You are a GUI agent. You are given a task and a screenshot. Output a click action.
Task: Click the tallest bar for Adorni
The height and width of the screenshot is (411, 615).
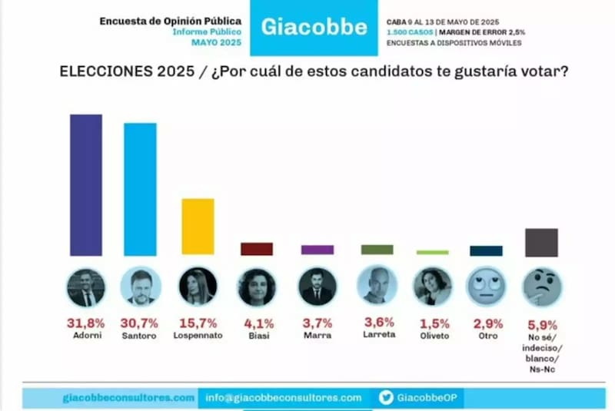[x=86, y=184]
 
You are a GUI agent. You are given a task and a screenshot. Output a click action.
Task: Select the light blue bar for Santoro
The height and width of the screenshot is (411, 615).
[x=140, y=189]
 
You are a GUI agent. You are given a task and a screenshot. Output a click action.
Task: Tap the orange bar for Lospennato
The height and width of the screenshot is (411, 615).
[x=198, y=227]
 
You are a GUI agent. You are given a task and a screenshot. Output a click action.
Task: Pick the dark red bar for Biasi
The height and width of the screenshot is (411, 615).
[x=257, y=249]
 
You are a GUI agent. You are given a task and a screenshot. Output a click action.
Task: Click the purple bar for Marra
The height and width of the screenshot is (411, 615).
[x=317, y=250]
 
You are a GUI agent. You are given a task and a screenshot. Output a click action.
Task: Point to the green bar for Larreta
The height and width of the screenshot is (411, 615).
[x=377, y=250]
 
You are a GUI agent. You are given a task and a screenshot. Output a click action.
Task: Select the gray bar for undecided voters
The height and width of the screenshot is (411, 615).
[x=541, y=242]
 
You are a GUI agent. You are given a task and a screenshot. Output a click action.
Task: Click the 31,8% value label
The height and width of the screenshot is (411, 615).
[x=85, y=323]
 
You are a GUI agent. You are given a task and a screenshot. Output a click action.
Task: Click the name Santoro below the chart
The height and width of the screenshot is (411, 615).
[x=140, y=336]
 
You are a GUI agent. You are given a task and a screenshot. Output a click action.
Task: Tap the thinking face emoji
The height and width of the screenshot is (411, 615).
[x=542, y=287]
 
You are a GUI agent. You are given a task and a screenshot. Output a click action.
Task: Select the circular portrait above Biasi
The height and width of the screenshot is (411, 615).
[x=258, y=287]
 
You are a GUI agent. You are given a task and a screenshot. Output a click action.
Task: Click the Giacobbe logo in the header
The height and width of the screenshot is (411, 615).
[x=314, y=28]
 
